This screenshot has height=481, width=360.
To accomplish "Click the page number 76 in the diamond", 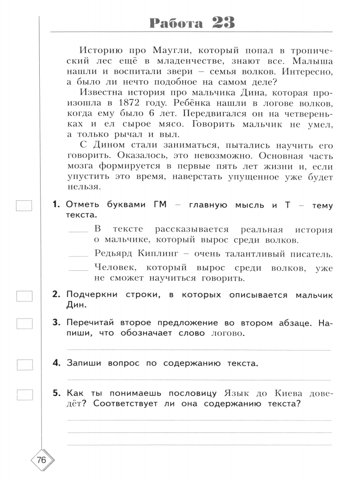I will pos(41,461).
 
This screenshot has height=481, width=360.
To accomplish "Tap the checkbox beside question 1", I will pos(24,206).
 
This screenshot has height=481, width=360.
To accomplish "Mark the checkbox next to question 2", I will pos(24,296).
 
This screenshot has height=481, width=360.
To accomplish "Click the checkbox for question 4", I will pos(24,364).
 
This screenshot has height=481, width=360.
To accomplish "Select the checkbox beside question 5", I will pos(24,394).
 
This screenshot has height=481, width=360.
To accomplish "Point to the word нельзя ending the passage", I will pos(82,187).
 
